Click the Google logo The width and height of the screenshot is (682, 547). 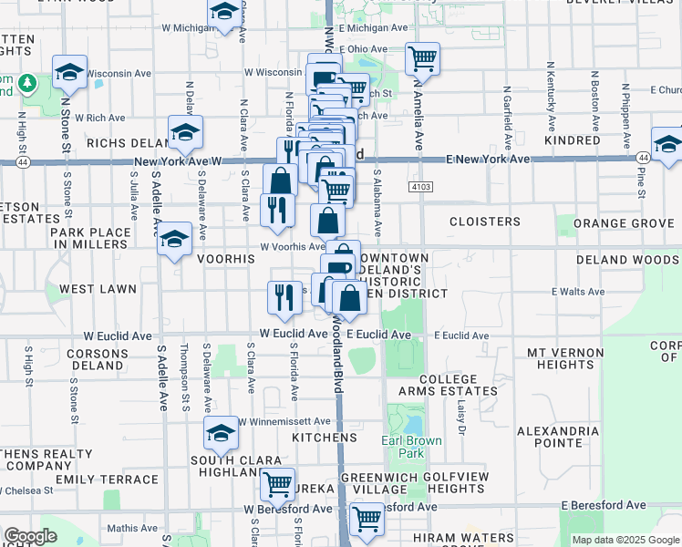(x=30, y=536)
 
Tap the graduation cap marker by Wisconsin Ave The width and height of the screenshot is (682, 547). (x=69, y=74)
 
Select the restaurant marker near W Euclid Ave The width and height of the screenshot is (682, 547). (x=284, y=295)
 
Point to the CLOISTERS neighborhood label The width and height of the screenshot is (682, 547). (x=485, y=222)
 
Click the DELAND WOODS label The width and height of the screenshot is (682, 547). (x=628, y=260)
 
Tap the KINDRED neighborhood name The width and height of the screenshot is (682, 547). (x=573, y=141)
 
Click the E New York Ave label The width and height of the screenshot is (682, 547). (x=489, y=160)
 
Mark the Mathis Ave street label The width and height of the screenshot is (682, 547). (x=132, y=527)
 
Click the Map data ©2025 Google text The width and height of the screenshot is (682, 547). (x=625, y=540)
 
